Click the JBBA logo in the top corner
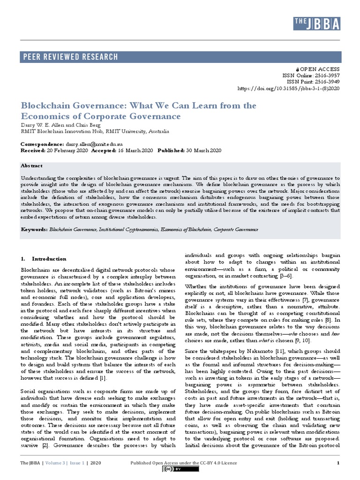coord(317,23)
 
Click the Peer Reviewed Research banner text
coord(70,57)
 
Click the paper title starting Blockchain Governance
coord(138,111)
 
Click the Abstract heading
coord(31,166)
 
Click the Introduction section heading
coord(49,259)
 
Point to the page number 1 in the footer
coord(338,464)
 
